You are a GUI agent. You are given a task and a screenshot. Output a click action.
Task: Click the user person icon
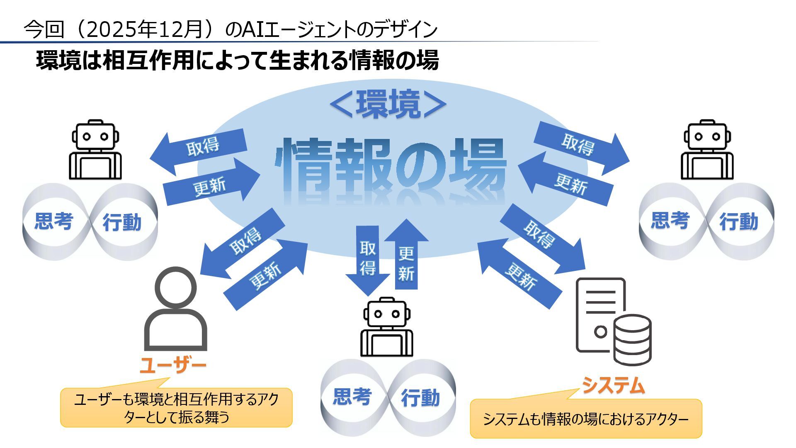click(176, 309)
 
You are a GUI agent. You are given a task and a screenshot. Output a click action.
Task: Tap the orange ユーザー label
click(173, 365)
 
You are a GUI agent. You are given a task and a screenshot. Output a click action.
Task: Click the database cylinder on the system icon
click(632, 339)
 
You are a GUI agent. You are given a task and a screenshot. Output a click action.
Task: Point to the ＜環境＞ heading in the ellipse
click(388, 105)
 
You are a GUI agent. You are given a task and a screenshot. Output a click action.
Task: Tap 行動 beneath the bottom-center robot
click(420, 398)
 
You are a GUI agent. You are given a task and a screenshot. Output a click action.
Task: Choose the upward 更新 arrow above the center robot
click(406, 257)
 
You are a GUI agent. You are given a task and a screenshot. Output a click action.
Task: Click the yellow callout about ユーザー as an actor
click(177, 407)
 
